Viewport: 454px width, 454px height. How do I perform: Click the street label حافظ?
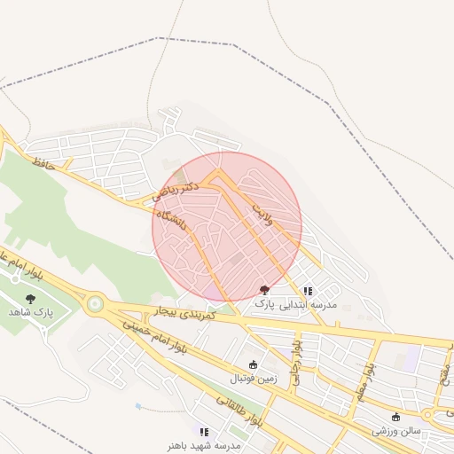pyautogui.click(x=43, y=163)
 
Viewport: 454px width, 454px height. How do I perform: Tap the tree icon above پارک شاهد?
pyautogui.click(x=31, y=299)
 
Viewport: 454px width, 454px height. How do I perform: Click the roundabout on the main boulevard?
pyautogui.click(x=94, y=304)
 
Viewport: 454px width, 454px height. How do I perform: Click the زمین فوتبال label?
pyautogui.click(x=254, y=379)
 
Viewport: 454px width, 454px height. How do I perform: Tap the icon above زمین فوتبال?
pyautogui.click(x=253, y=364)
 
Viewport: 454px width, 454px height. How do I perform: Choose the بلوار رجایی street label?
pyautogui.click(x=298, y=355)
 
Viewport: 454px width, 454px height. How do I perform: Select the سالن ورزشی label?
pyautogui.click(x=395, y=431)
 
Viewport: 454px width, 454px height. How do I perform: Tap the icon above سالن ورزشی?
pyautogui.click(x=395, y=417)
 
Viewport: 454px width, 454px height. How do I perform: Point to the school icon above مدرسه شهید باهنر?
pyautogui.click(x=205, y=431)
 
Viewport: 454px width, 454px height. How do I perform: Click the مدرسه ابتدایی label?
pyautogui.click(x=309, y=303)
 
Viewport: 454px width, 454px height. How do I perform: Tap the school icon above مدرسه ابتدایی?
pyautogui.click(x=308, y=290)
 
